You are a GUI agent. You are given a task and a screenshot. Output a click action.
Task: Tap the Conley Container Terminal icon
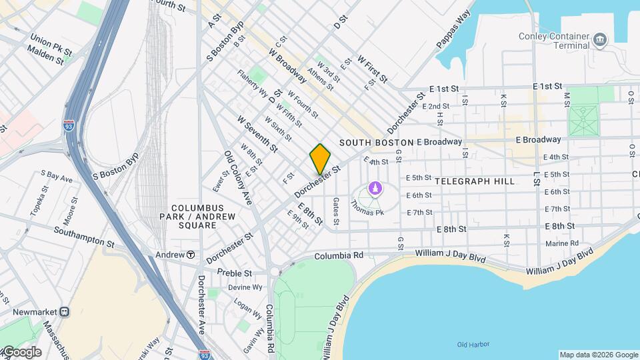click(599, 39)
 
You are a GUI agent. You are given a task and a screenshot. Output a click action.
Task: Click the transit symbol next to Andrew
click(191, 254)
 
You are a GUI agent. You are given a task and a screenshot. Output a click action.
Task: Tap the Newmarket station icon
click(65, 311)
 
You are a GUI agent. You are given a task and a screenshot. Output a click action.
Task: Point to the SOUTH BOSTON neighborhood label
click(376, 143)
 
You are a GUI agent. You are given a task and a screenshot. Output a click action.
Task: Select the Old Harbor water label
click(474, 344)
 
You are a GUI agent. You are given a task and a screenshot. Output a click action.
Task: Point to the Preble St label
click(234, 273)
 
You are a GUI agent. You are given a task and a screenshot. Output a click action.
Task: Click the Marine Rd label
click(561, 243)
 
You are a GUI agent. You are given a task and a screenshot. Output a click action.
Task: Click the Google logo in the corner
click(21, 352)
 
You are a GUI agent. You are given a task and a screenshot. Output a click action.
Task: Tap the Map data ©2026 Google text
click(597, 355)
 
